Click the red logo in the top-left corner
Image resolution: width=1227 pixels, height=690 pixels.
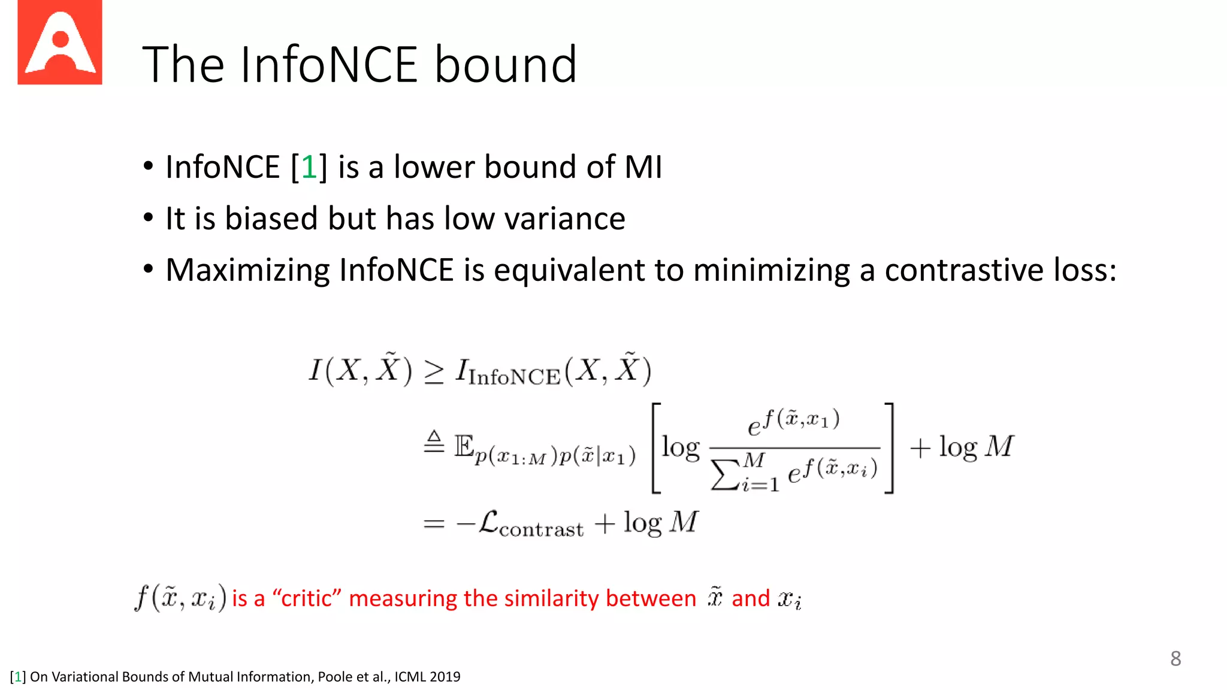pos(60,43)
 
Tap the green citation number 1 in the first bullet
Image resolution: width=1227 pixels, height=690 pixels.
pos(309,167)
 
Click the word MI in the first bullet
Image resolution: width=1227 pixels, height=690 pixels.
pos(643,167)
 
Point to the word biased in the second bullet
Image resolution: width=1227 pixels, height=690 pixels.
pos(271,218)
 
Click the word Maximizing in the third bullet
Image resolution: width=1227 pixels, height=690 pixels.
pos(247,270)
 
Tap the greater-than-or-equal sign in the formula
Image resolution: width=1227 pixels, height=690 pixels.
pos(434,372)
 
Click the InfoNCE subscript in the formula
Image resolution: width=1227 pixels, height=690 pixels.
pos(515,377)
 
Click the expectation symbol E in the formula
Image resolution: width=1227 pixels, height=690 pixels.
pos(464,446)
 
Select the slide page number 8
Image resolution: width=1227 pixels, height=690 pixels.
pos(1175,659)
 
